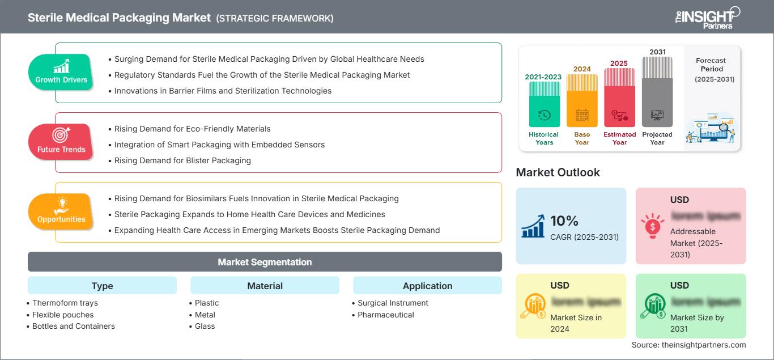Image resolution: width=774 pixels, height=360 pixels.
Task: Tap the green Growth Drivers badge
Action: (61, 72)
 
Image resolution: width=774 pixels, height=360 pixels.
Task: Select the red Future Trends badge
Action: (61, 142)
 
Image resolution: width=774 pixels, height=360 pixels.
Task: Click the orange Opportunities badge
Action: (61, 211)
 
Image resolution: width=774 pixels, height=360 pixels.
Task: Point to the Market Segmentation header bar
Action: (265, 262)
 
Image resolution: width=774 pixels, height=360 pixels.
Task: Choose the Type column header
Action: (102, 286)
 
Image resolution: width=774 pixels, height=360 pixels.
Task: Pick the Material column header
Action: (265, 286)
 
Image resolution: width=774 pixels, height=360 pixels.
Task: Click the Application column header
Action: (427, 286)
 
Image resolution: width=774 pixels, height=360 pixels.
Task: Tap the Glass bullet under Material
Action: (205, 326)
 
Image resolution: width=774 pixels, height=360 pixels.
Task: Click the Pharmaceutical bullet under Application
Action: (385, 315)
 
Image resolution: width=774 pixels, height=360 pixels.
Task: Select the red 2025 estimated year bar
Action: (619, 97)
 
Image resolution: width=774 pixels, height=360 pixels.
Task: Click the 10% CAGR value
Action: (564, 221)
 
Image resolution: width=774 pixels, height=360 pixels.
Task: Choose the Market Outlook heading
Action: (558, 172)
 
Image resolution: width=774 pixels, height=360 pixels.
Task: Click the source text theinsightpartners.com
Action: (688, 345)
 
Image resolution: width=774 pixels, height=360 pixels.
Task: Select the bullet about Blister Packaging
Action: (182, 160)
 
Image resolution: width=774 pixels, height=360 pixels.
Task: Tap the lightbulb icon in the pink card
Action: (653, 226)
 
